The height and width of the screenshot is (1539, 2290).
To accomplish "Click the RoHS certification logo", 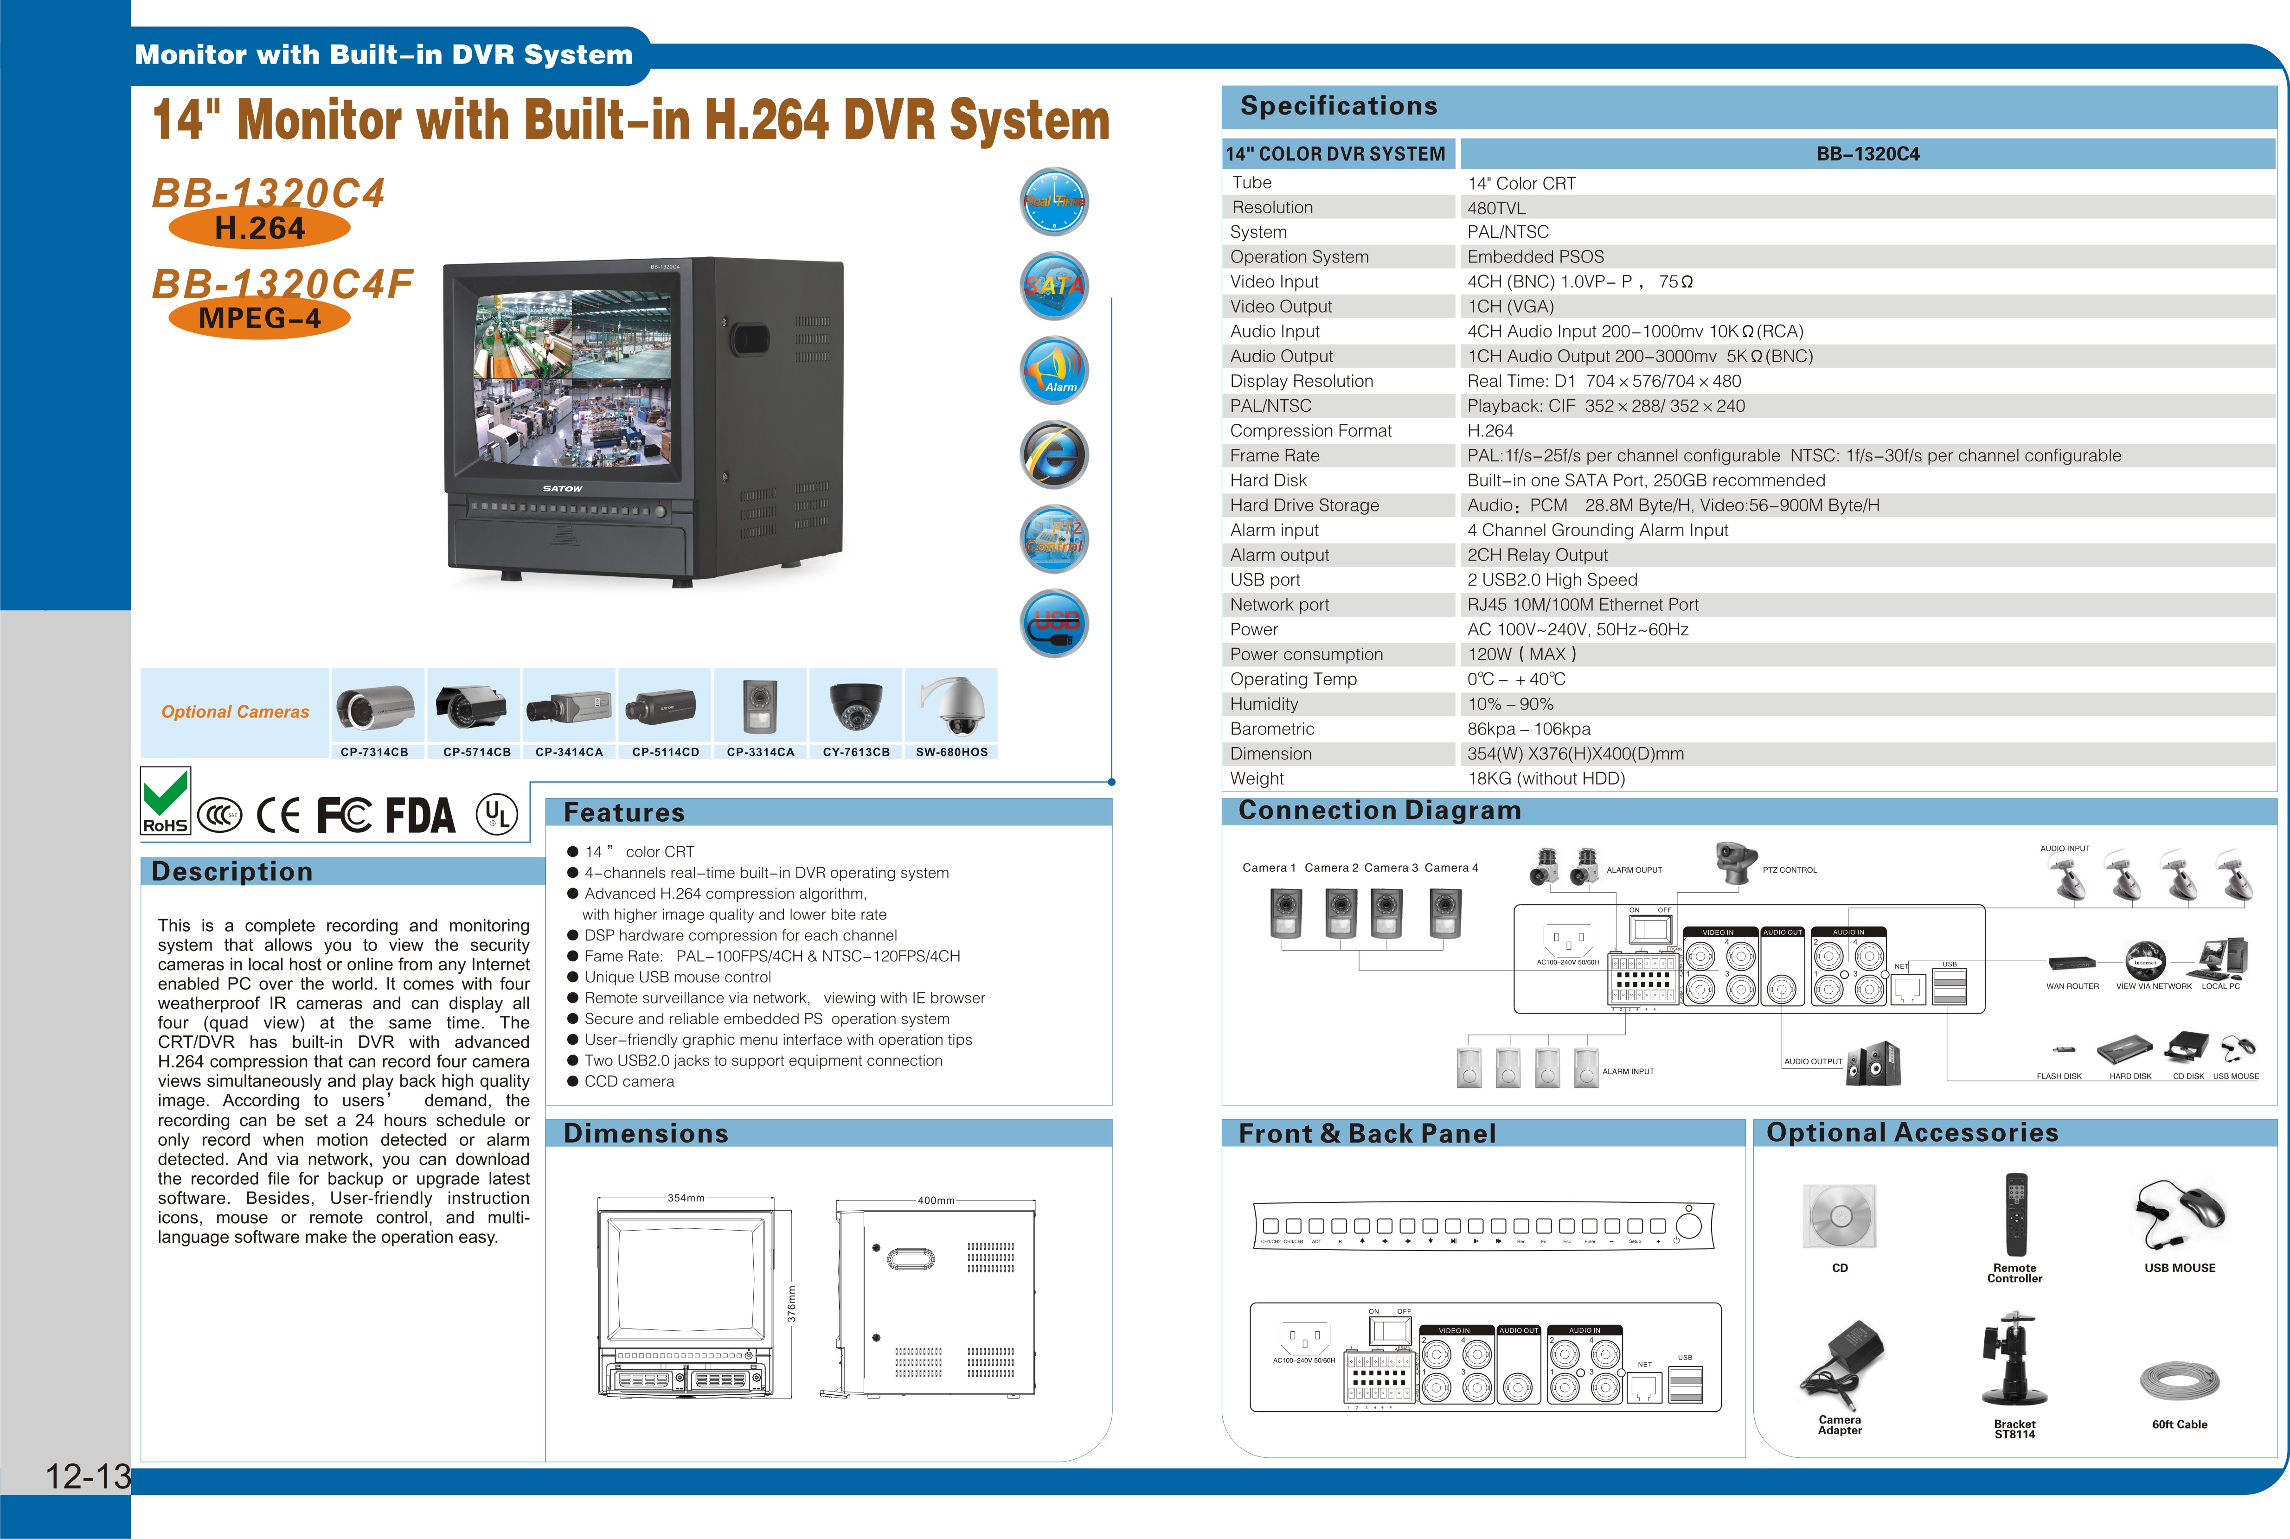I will pos(165,801).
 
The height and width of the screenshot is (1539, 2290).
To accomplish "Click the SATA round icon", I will pos(1054,286).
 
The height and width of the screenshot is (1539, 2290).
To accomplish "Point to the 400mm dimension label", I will pos(936,1201).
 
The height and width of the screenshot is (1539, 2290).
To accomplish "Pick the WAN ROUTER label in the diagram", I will pos(2072,986).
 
